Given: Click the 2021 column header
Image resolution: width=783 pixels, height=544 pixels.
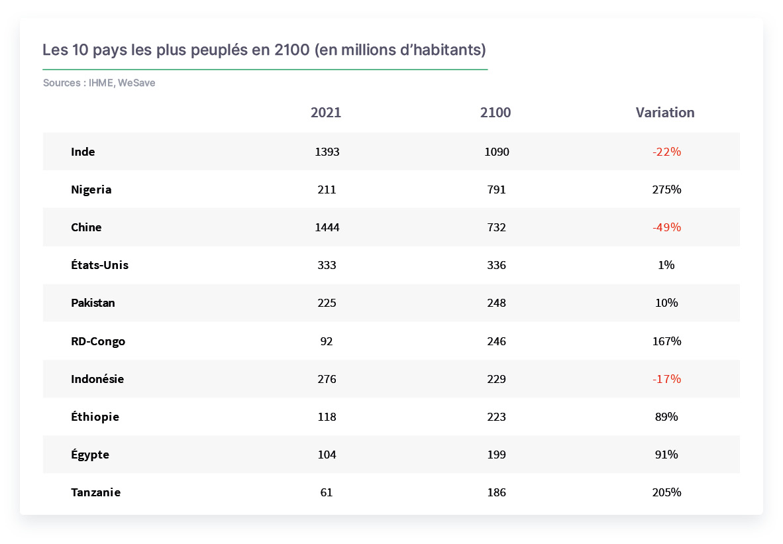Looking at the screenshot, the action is click(325, 113).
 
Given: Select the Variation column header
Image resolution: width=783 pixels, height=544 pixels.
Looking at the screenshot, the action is click(664, 113).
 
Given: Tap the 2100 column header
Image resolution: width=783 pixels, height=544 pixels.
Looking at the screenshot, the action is click(496, 113).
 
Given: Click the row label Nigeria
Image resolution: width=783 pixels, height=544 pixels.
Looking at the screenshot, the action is click(91, 190).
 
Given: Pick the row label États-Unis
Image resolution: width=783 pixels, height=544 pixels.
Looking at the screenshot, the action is click(99, 265).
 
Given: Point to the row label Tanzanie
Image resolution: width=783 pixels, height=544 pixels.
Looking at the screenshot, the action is click(96, 492).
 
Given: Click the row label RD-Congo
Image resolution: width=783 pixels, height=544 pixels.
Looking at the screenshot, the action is click(98, 341).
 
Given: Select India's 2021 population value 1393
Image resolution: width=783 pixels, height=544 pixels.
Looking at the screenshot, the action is click(327, 152).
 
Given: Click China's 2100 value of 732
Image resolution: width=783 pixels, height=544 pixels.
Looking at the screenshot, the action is click(496, 227).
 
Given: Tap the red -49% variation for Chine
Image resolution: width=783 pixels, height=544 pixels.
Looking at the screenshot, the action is click(666, 227).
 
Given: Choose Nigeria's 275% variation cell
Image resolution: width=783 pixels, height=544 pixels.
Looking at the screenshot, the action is click(666, 190).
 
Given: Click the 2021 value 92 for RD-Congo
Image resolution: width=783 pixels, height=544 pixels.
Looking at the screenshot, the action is click(327, 341).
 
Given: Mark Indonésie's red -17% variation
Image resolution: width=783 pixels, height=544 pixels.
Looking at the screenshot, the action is click(666, 378).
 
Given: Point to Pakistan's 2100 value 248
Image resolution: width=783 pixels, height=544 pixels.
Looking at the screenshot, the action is click(496, 303).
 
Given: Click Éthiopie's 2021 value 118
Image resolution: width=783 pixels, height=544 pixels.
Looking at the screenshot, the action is click(327, 417).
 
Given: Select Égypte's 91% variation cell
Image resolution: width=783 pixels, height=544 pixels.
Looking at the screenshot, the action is click(666, 455).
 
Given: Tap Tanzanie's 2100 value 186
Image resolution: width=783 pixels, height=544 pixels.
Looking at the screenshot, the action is click(496, 492).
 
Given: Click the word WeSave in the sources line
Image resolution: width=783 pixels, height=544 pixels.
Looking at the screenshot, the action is click(136, 83).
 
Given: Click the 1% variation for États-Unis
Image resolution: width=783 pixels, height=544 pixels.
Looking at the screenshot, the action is click(666, 265).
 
